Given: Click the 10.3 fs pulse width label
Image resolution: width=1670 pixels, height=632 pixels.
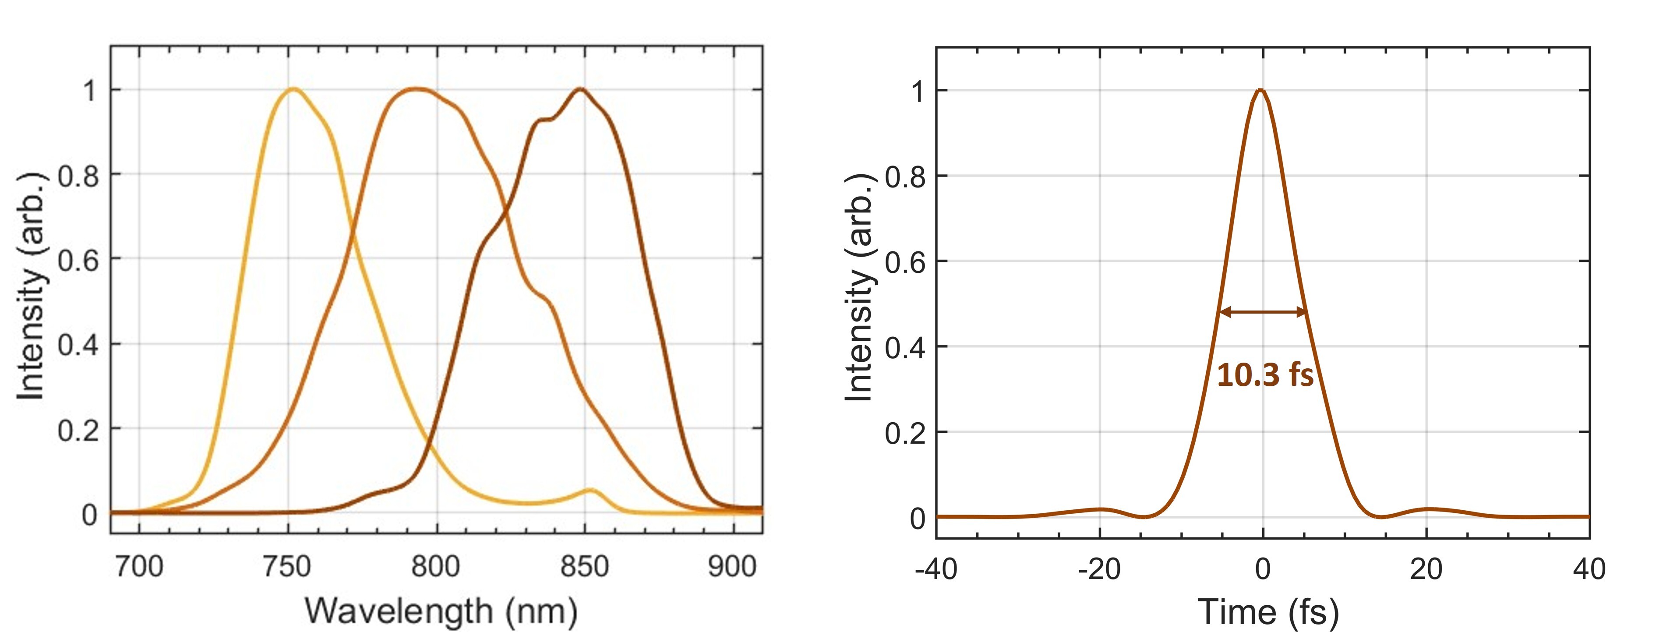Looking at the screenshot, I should (1265, 375).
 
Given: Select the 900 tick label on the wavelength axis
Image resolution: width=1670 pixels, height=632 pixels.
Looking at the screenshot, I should (732, 567).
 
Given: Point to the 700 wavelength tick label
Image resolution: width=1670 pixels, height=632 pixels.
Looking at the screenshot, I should (139, 567).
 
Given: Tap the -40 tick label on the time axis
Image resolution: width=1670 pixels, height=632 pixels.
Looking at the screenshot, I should (936, 569).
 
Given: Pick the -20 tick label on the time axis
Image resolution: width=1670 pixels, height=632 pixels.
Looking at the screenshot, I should (1099, 569).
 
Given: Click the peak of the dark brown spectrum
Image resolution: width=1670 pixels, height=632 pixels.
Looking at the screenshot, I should (580, 89).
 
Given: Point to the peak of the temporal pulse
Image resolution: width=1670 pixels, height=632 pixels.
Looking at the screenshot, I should (1260, 90).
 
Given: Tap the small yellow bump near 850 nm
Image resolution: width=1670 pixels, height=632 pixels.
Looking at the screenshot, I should (590, 490).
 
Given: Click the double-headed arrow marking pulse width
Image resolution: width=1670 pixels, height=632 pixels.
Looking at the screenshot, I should (1263, 312).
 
